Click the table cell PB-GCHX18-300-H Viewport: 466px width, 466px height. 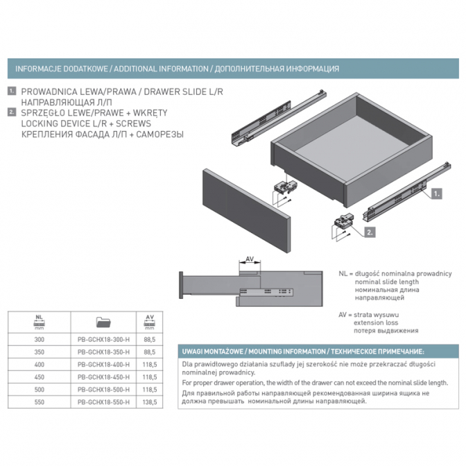point(103,339)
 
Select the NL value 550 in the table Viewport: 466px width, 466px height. point(40,402)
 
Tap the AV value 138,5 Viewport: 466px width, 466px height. point(150,402)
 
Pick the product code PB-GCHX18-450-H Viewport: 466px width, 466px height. point(103,377)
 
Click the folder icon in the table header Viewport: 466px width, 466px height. point(103,322)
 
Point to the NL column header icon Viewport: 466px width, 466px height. point(40,322)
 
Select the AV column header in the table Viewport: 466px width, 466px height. point(150,322)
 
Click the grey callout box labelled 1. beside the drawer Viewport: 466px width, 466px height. point(436,194)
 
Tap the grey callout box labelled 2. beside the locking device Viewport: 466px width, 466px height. point(370,232)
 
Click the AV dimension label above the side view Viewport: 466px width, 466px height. point(250,259)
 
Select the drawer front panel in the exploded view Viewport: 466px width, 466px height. point(246,211)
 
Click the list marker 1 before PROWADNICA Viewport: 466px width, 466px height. point(12,91)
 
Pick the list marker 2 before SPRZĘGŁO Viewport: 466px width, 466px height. point(12,112)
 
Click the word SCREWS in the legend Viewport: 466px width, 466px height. point(133,123)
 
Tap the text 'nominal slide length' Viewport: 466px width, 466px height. point(387,282)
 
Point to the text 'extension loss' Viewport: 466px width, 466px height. point(376,322)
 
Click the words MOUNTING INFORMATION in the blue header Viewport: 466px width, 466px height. point(287,352)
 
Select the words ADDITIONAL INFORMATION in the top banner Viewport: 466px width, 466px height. point(161,69)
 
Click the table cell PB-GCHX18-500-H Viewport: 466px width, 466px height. point(103,390)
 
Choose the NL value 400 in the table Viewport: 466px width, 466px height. point(40,365)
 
